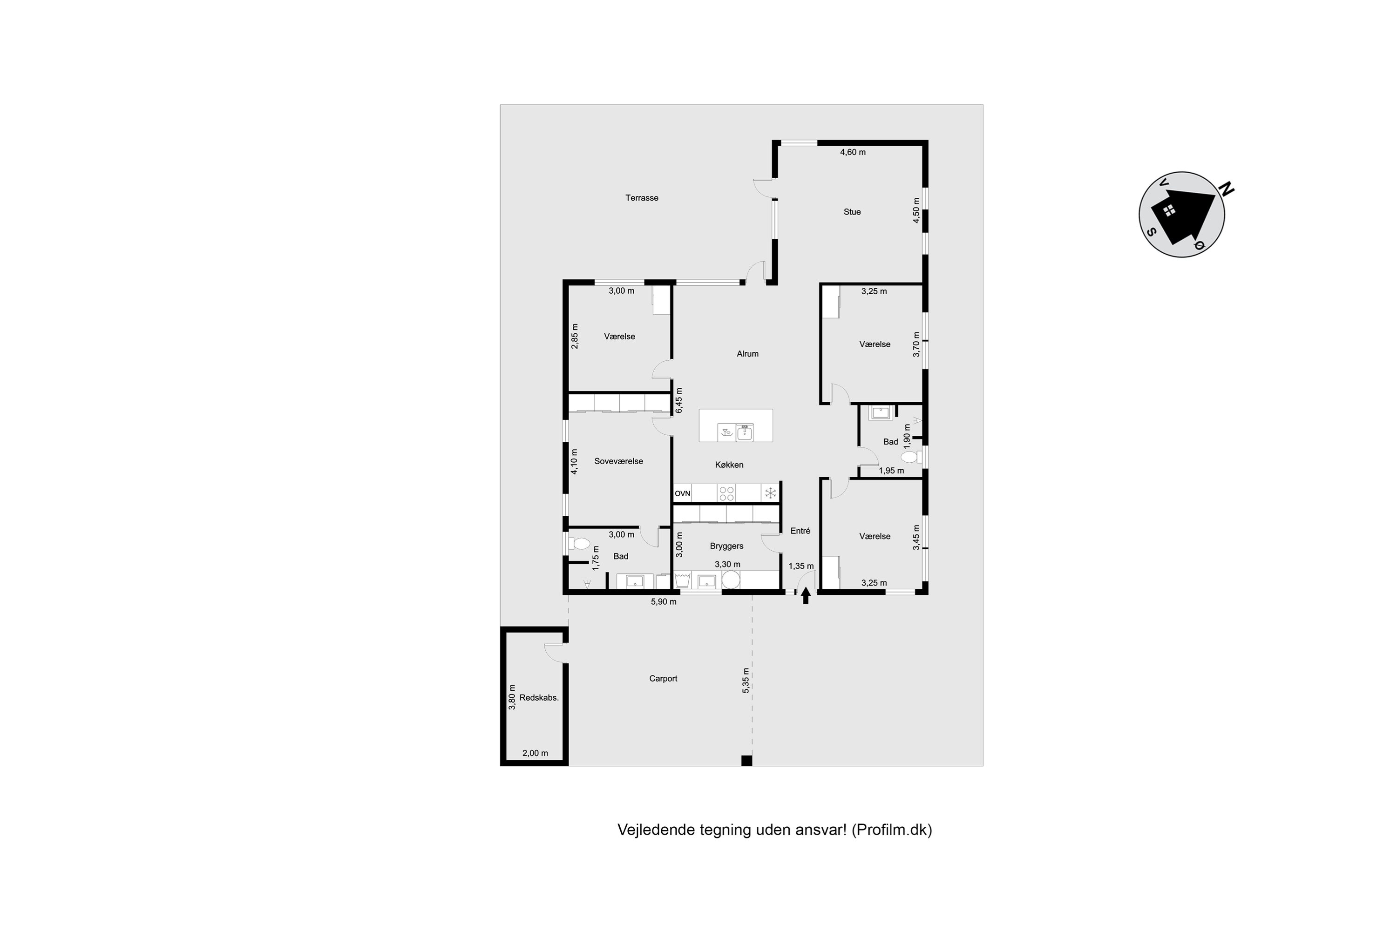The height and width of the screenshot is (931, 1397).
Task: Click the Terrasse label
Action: coord(642,198)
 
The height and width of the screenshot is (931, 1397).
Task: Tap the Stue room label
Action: coord(852,212)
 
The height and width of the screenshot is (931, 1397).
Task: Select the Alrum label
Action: coord(747,354)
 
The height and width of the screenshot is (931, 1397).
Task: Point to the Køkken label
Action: coord(729,465)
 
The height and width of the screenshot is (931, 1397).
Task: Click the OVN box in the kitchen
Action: coord(683,493)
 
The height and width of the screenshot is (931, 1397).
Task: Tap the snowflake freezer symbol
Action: coord(770,493)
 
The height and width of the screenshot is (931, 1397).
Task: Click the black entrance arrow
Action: coord(806,595)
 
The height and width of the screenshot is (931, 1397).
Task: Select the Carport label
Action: coord(663,679)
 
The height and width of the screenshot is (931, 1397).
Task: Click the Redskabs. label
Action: coord(539,698)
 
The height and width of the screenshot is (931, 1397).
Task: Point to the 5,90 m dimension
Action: coord(664,601)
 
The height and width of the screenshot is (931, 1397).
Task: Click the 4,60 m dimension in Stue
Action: coord(852,152)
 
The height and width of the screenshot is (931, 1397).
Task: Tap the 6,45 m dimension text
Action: coord(679,401)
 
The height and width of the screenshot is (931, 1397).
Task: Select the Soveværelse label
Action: coord(618,461)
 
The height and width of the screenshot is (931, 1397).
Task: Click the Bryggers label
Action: coord(726,546)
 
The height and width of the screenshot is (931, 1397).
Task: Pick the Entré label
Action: coord(800,531)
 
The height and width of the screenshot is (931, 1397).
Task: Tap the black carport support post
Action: coord(746,761)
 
